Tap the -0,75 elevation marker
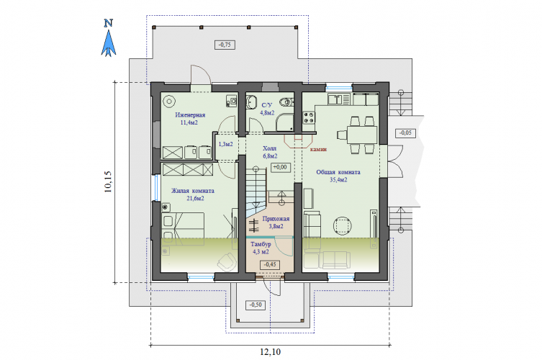[x=225, y=45]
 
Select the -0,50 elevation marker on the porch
[x=256, y=305]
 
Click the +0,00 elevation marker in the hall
[x=280, y=167]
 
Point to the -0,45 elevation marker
[x=270, y=264]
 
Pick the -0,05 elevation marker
[x=405, y=132]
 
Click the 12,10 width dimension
[x=271, y=352]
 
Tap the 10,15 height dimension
[x=108, y=181]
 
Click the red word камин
[x=318, y=149]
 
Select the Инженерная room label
[x=190, y=114]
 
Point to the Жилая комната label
[x=192, y=191]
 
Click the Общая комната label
[x=338, y=172]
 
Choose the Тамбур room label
[x=261, y=244]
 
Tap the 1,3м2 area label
[x=226, y=144]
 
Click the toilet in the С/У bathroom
[x=286, y=102]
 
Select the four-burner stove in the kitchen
[x=309, y=117]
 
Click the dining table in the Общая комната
[x=362, y=135]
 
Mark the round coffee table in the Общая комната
[x=343, y=226]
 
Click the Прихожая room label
[x=276, y=219]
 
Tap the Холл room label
[x=270, y=148]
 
